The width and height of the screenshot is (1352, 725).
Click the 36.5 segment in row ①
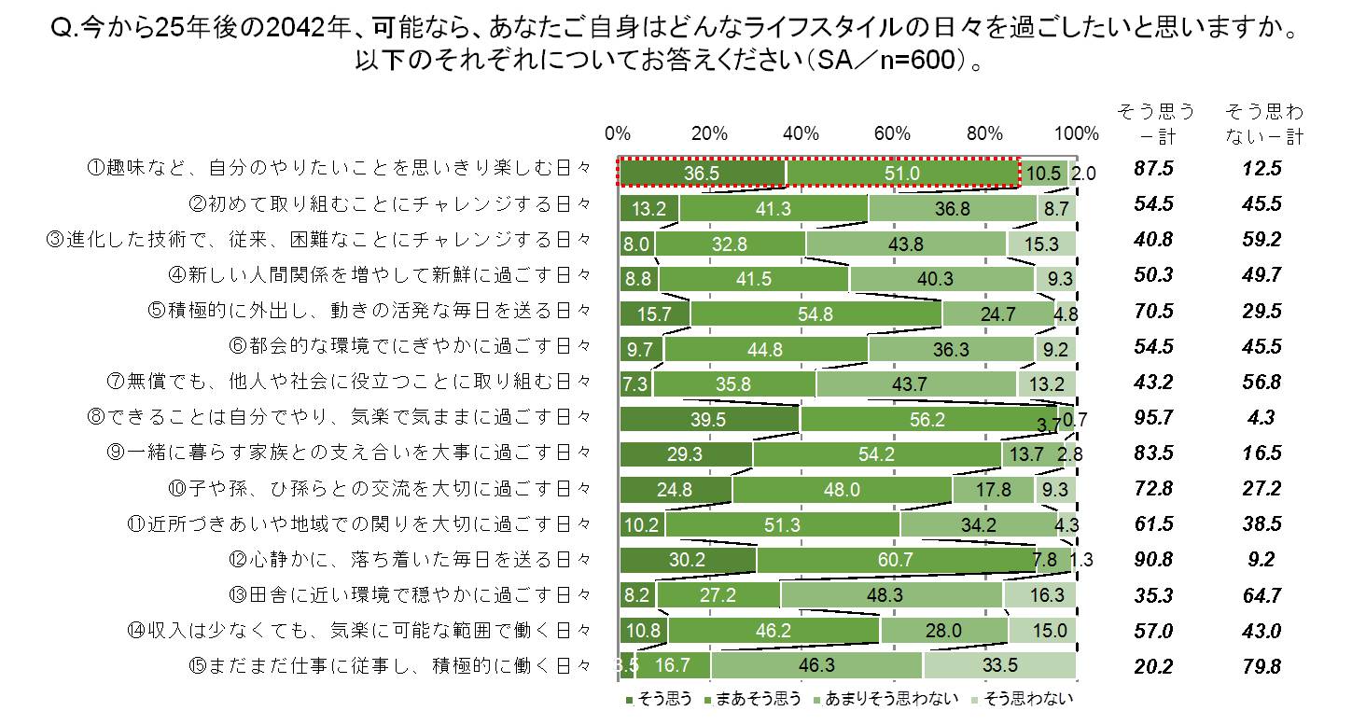(x=702, y=174)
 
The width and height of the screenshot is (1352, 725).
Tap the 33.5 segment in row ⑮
(x=998, y=666)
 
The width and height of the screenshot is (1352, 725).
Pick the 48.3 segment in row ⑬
(x=890, y=595)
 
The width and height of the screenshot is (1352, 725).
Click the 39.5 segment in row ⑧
(x=709, y=419)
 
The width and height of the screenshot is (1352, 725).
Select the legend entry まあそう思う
(x=753, y=699)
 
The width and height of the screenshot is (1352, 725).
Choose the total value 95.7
(x=1154, y=418)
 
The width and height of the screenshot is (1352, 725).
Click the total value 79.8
(x=1263, y=666)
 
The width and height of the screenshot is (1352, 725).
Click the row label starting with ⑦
(x=349, y=381)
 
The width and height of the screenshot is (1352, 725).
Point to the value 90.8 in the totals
(x=1154, y=560)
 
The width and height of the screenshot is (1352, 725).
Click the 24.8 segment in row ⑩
(x=676, y=489)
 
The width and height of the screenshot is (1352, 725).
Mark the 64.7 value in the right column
(x=1263, y=595)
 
